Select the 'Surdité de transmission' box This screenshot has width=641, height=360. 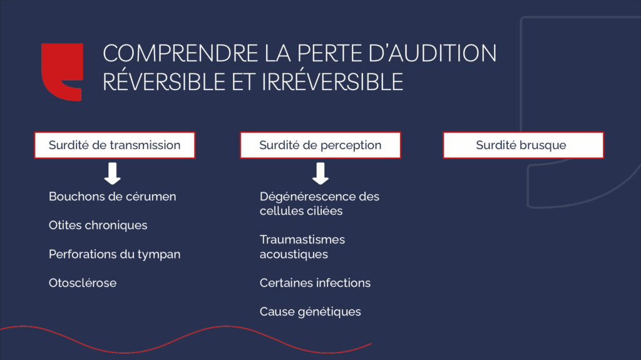tap(115, 145)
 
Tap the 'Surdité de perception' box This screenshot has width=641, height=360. tap(320, 145)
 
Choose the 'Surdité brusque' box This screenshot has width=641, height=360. tap(523, 145)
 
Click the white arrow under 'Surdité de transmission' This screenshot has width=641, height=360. tap(113, 173)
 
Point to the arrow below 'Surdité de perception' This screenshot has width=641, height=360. tap(320, 173)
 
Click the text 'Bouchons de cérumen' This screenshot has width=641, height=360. tap(113, 197)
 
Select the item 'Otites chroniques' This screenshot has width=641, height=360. tap(98, 225)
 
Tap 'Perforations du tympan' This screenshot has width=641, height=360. tap(115, 254)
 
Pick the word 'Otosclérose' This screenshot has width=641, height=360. tap(83, 283)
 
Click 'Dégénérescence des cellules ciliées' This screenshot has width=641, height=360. tap(319, 204)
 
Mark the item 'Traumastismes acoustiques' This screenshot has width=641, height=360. tap(302, 247)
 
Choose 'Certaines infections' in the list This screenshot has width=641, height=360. tap(315, 283)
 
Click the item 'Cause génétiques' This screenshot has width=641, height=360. tap(310, 312)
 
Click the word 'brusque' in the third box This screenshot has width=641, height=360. tap(545, 145)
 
